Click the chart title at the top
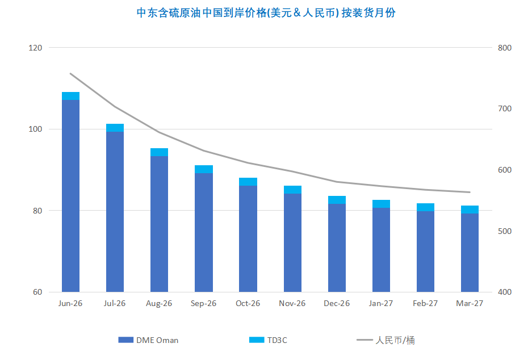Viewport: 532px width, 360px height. (x=266, y=13)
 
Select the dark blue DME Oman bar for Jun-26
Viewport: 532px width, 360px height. (x=70, y=196)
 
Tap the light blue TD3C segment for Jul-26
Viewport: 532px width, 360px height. (x=115, y=128)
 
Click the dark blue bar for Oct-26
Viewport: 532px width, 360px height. (x=248, y=238)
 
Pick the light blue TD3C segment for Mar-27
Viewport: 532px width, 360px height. (x=470, y=210)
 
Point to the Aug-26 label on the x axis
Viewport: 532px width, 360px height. (x=159, y=303)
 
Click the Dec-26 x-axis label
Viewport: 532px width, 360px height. (x=337, y=303)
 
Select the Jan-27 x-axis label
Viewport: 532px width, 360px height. (x=381, y=303)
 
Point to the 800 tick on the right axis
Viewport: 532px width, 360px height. (x=504, y=48)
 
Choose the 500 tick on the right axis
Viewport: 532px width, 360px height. (x=504, y=232)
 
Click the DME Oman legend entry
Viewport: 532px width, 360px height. (x=149, y=340)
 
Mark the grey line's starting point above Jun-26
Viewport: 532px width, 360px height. (x=70, y=73)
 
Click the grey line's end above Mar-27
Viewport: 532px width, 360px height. (x=470, y=192)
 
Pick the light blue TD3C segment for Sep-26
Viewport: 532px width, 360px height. (x=203, y=169)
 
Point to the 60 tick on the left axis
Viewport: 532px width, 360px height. (x=37, y=292)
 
